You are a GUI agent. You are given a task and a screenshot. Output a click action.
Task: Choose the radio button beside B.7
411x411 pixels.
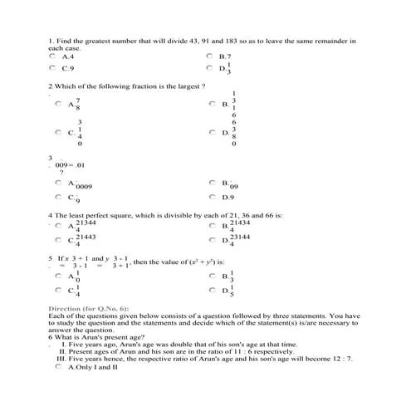coord(209,56)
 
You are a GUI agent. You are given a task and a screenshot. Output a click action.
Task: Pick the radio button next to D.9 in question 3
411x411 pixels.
coord(209,197)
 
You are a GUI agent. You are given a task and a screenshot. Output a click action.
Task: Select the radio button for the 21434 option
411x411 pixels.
coord(209,225)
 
